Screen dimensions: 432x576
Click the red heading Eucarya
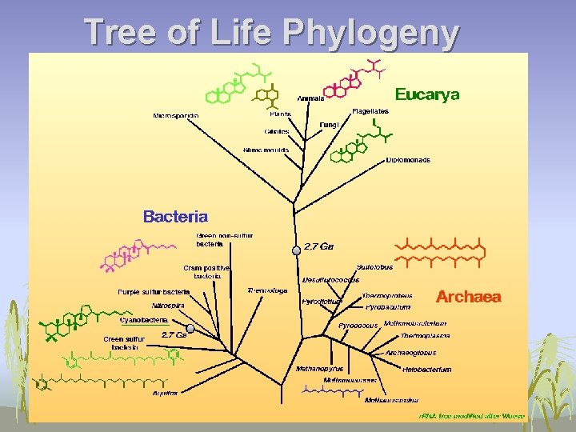[x=427, y=95]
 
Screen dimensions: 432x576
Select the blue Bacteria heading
[x=175, y=216]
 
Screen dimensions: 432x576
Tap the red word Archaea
[x=468, y=297]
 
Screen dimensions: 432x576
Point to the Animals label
[x=310, y=98]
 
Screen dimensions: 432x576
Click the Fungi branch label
[x=329, y=125]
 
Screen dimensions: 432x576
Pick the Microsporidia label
[x=176, y=116]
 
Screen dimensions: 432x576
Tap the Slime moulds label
[x=266, y=150]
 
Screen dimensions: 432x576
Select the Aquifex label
[x=166, y=394]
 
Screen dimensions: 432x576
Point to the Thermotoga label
[x=267, y=290]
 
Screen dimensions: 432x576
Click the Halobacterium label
[x=426, y=370]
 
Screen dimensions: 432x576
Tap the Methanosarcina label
[x=391, y=399]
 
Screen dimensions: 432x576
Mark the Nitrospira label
[x=169, y=305]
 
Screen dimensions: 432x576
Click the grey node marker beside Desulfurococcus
[x=296, y=250]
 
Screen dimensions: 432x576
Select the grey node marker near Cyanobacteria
[x=190, y=328]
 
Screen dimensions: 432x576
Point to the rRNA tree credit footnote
[x=472, y=416]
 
